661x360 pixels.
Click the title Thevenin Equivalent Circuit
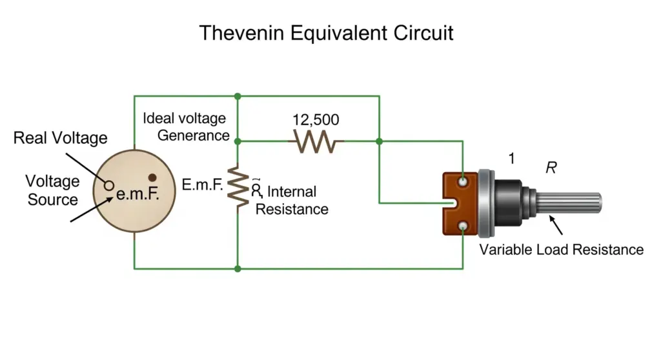pos(326,33)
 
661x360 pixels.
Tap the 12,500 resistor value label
pos(316,120)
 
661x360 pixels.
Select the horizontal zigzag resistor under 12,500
pos(316,142)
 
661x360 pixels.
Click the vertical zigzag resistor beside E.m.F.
pos(238,187)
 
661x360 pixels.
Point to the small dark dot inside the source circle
pos(152,177)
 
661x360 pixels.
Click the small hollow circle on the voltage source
pos(108,185)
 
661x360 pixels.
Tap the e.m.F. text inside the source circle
pos(137,194)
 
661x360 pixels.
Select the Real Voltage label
pos(60,138)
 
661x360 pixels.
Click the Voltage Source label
pos(52,190)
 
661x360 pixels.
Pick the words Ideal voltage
pos(184,118)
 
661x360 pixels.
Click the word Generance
pos(194,135)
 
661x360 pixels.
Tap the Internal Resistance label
pos(292,200)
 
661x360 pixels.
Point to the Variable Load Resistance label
pos(561,250)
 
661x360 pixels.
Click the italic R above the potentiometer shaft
pos(551,168)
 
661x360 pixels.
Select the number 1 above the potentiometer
pos(511,159)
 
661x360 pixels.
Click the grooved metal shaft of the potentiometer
pos(569,203)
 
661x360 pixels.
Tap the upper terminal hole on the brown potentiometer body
pos(463,182)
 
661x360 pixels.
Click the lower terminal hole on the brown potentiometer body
pos(463,226)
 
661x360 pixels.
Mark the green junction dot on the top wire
pos(238,97)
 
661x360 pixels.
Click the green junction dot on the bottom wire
pos(238,268)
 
